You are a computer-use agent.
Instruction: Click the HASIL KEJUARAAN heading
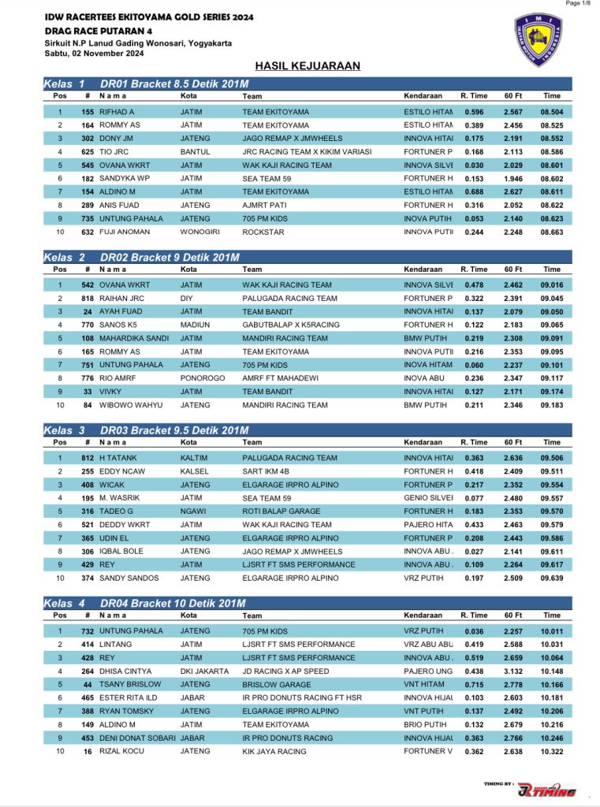pos(307,66)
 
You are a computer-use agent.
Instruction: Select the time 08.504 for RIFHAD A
pos(551,112)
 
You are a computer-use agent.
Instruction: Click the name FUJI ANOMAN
pos(125,232)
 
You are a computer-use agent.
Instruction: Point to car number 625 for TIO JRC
pos(88,152)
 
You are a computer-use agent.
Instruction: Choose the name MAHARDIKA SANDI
pos(134,338)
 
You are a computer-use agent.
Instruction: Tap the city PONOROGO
pos(199,378)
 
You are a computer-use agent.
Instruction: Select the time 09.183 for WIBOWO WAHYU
pos(551,405)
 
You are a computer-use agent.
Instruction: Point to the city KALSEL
pos(192,471)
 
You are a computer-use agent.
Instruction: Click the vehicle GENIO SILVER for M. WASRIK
pos(428,498)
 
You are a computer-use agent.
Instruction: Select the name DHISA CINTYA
pos(125,671)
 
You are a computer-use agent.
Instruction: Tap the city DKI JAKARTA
pos(202,671)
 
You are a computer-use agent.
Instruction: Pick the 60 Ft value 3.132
pos(513,671)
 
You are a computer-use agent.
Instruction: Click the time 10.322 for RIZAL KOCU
pos(551,752)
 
